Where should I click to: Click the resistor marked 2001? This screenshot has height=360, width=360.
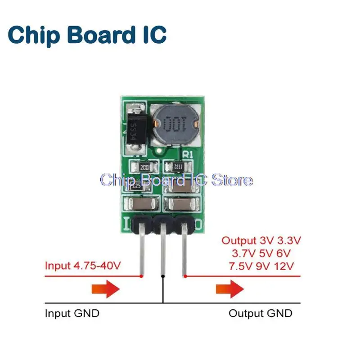pos(145,167)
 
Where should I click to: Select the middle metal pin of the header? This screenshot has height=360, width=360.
pos(163,256)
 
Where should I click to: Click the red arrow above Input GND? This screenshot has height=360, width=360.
pos(105,289)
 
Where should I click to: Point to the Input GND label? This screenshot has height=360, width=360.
pos(72,313)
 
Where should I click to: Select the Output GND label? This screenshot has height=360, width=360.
pos(260,313)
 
